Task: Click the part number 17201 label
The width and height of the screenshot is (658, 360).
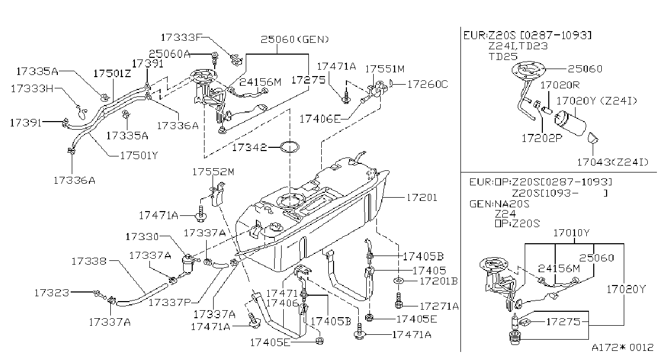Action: tap(422, 198)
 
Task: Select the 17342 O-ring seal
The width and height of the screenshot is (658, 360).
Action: tap(290, 142)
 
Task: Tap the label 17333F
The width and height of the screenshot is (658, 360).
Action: tap(181, 37)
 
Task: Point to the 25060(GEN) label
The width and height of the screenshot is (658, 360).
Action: tap(294, 40)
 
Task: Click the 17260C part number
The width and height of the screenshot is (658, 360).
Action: tap(427, 85)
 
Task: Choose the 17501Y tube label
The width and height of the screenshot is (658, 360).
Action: tap(139, 155)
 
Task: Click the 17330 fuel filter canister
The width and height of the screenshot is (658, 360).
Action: tap(187, 265)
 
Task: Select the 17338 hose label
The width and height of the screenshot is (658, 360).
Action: tap(89, 261)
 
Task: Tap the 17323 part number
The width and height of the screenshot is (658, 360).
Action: tap(52, 292)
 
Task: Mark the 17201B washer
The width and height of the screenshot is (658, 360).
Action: tap(398, 281)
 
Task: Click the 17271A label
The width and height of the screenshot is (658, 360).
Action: tap(439, 306)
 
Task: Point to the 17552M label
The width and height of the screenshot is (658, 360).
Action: tap(213, 171)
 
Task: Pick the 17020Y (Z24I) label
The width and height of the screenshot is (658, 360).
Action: tap(597, 101)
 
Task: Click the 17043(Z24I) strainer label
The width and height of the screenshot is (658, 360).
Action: tap(613, 162)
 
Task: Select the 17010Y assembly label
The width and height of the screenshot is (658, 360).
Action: tap(571, 233)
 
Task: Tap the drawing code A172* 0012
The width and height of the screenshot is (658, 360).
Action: tap(623, 347)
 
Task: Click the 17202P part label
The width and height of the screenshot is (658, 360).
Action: tap(542, 138)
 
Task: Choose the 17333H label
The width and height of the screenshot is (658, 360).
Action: tap(32, 88)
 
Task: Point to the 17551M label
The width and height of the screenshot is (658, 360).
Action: tap(385, 69)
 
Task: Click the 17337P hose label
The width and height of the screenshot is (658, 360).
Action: tap(170, 302)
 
